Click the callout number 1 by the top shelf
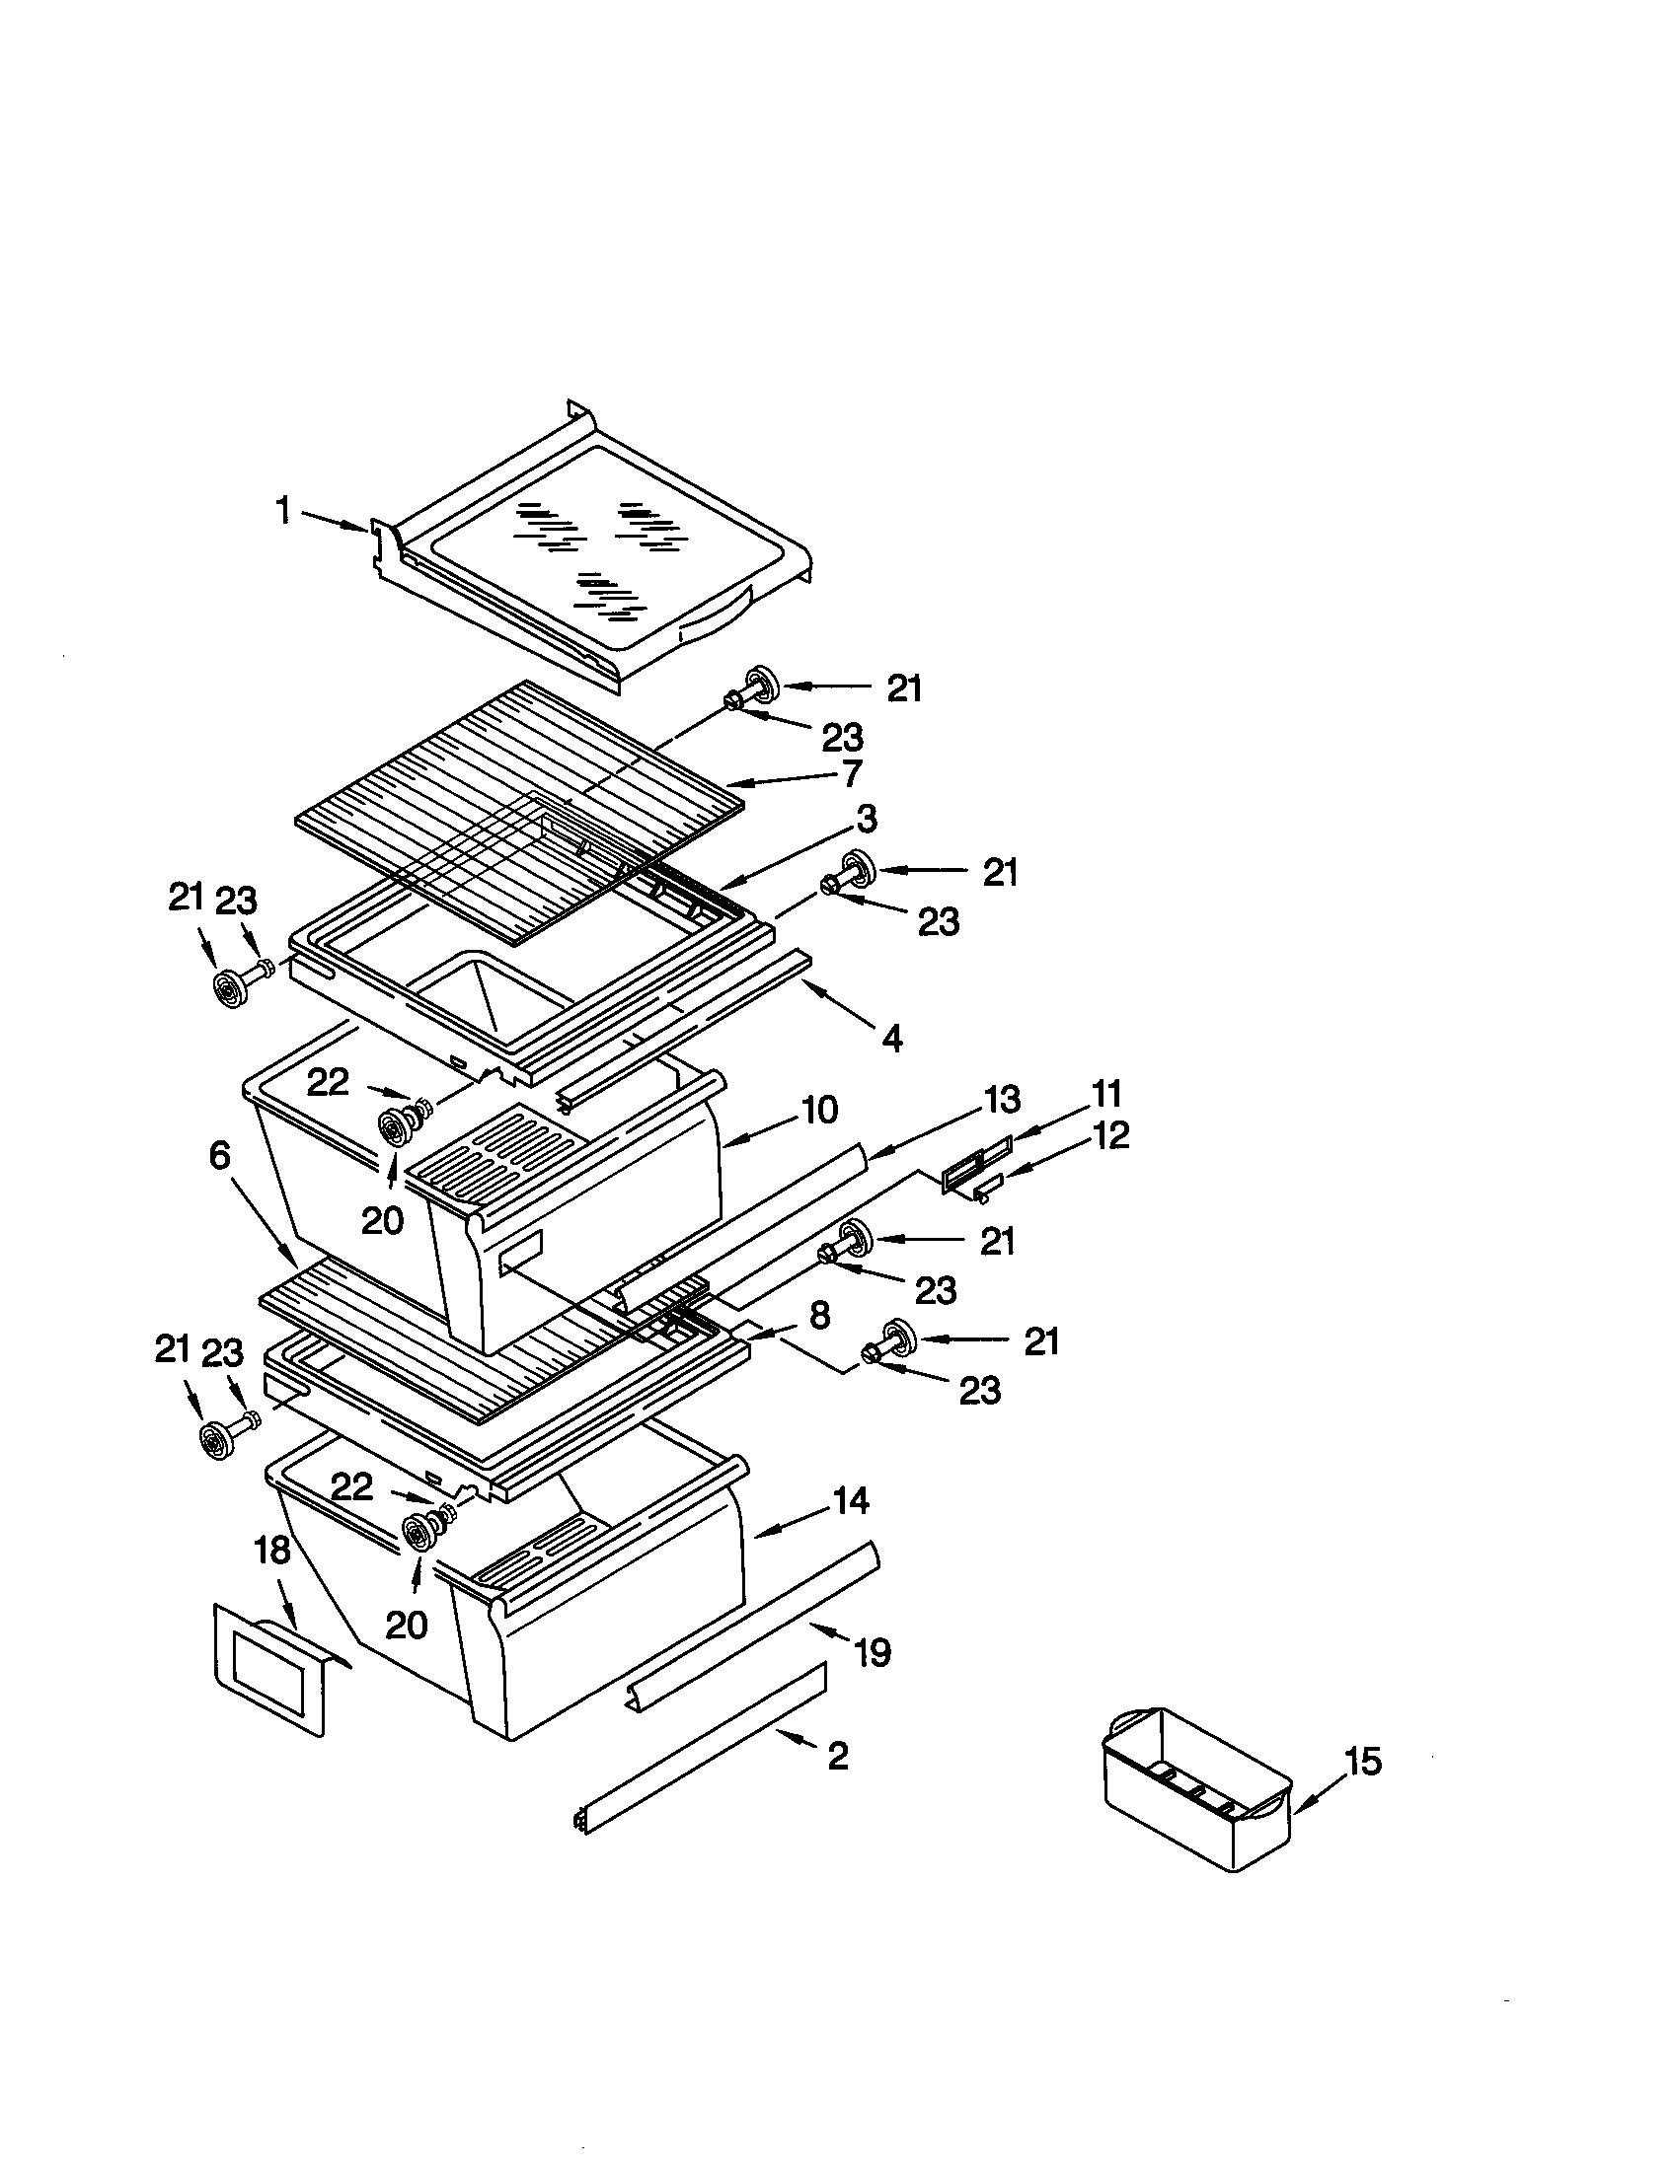[283, 512]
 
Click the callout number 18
[272, 1550]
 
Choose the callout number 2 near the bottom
[838, 1757]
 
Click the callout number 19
[873, 1653]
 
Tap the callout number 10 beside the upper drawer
[819, 1110]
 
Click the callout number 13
[1002, 1100]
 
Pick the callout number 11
[1106, 1093]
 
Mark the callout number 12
[1111, 1135]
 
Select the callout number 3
[867, 820]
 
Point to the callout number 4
[891, 1040]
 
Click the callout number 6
[220, 1156]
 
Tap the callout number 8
[819, 1317]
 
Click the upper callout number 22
[327, 1082]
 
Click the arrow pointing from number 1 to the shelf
[334, 522]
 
